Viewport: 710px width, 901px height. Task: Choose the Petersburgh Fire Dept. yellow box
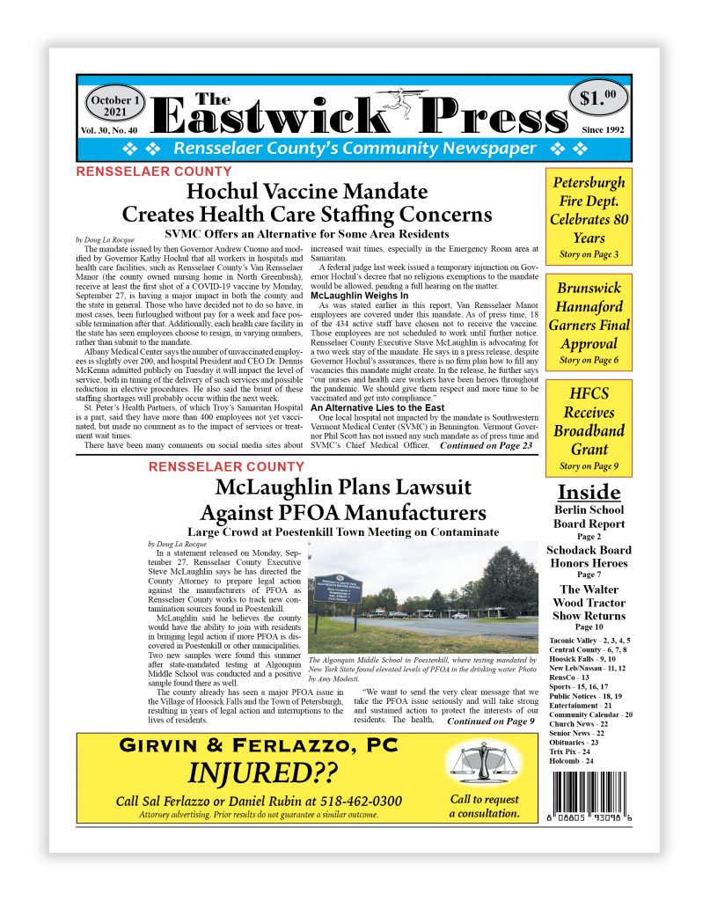pos(589,216)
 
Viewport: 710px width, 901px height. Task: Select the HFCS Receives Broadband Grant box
pos(589,429)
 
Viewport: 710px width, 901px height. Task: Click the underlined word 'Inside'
pos(589,492)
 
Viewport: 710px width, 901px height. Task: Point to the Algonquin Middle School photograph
pos(423,597)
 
